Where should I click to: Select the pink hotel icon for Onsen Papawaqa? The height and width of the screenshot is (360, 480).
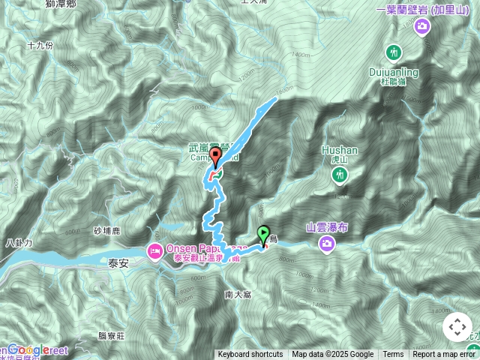point(155,249)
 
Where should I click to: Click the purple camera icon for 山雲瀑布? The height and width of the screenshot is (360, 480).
point(327,242)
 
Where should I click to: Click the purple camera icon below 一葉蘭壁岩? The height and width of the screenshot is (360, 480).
point(421,27)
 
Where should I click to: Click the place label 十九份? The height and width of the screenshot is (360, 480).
point(40,45)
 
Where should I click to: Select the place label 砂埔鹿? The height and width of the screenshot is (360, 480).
point(107,230)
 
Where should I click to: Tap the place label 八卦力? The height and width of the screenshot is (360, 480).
point(16,243)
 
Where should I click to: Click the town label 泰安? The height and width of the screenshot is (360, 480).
point(118,263)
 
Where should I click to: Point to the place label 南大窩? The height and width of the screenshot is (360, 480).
point(238,295)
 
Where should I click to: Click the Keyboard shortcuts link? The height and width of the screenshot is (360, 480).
point(250,355)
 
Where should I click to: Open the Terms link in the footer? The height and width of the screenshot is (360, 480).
point(393,355)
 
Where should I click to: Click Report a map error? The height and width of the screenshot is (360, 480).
point(445,355)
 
